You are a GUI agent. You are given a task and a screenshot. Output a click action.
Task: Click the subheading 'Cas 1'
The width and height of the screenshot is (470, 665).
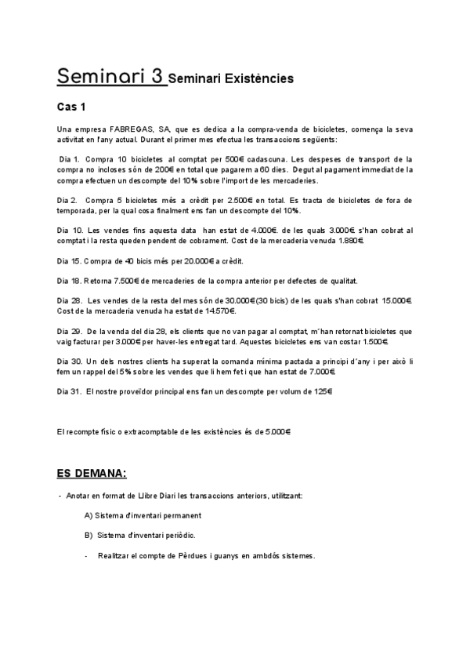[x=72, y=107]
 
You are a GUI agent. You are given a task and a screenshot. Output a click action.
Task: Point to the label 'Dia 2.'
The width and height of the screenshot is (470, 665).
[x=68, y=201]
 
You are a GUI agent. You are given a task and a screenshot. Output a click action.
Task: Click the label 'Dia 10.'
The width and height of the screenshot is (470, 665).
[x=70, y=231]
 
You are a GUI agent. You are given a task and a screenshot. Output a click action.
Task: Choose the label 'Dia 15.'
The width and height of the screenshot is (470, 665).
[x=70, y=260]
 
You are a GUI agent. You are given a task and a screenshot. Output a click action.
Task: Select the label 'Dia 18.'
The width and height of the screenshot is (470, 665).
[x=70, y=280]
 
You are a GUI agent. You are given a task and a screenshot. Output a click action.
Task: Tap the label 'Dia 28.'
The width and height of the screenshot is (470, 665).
[x=70, y=300]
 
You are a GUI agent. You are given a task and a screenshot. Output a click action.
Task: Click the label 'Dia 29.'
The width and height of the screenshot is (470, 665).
[x=70, y=331]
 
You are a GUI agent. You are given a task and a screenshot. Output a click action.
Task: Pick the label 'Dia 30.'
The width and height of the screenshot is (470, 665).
[x=70, y=361]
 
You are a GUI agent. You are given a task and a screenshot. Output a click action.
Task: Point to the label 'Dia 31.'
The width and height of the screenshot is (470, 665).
[x=70, y=391]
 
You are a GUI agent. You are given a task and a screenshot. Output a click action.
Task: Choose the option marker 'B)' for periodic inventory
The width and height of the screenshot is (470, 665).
[x=89, y=535]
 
